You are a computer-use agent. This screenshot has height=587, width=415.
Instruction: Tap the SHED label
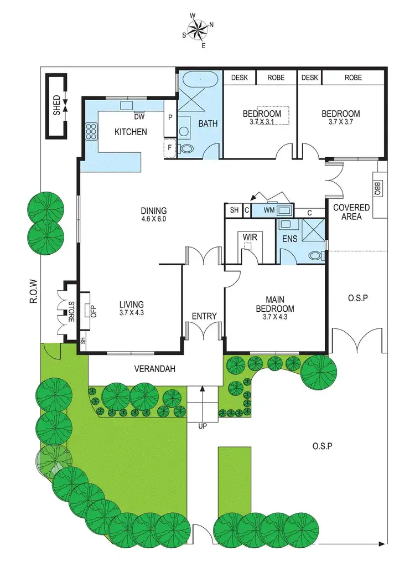pos(56,105)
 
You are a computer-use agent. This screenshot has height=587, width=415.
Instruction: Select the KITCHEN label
pos(131,132)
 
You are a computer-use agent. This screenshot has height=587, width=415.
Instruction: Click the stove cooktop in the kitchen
pos(91,131)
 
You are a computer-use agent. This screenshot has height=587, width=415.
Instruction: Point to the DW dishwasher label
pos(139,117)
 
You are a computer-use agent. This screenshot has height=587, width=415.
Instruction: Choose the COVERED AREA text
pos(351,212)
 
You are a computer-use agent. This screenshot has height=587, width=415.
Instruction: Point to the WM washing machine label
pos(269,210)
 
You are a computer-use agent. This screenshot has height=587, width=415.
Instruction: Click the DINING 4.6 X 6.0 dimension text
pos(153,219)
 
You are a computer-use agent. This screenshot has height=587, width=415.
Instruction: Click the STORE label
pos(71,312)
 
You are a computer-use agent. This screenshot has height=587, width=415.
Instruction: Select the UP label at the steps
pos(203,426)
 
